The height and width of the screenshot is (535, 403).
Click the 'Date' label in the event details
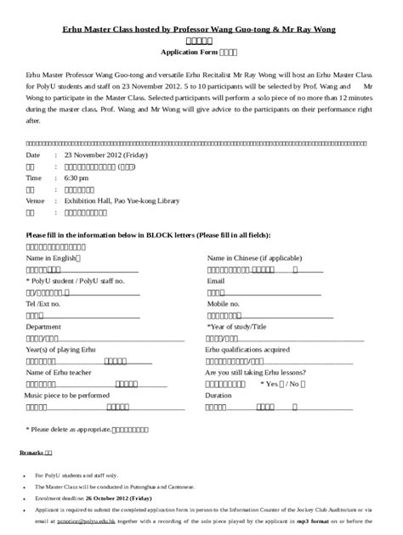[33, 156]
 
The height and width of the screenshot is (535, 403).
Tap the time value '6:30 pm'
[77, 179]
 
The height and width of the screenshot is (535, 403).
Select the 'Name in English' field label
[54, 256]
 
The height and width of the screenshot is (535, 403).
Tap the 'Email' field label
[216, 279]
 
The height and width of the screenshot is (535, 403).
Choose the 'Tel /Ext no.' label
[43, 303]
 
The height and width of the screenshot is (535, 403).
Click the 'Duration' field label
[219, 396]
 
